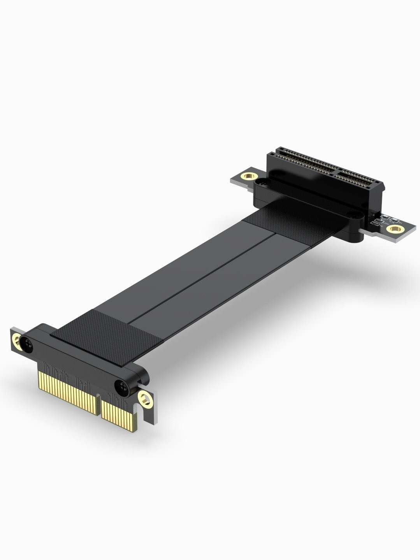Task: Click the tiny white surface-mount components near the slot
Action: (x=380, y=221)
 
